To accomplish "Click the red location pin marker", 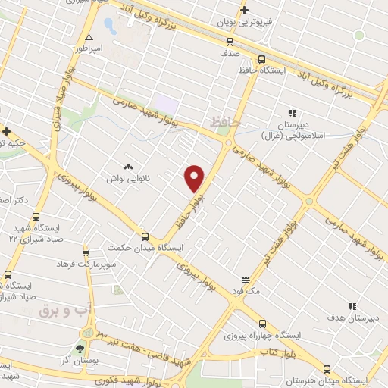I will pos(195,177).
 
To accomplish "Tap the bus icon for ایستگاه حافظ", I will pos(261,59).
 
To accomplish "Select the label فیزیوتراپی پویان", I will pos(243,24).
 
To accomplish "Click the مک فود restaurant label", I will pos(245,289).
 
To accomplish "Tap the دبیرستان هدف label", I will pos(352,320).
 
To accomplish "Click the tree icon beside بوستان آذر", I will pos(80,349).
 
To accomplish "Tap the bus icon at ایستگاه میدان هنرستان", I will pos(327,368).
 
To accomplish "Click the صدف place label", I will pos(230,55).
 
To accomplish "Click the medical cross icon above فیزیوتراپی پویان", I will pos(244,10).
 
